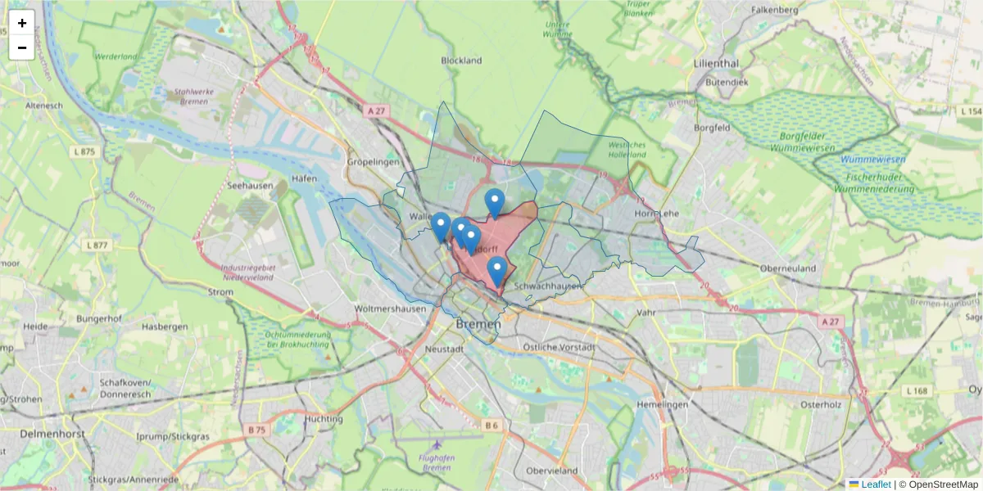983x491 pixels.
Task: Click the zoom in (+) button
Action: (x=22, y=23)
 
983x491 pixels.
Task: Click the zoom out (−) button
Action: (x=22, y=47)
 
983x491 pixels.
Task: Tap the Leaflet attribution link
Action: (x=875, y=484)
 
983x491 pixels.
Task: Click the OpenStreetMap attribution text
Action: (x=938, y=484)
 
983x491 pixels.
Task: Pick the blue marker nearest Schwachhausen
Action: (x=496, y=271)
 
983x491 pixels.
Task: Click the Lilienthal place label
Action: (x=716, y=63)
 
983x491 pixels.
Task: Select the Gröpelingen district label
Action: (x=374, y=162)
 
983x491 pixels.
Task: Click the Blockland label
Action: (x=461, y=61)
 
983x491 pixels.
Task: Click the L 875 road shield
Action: (x=84, y=151)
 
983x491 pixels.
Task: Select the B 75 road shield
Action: (x=257, y=430)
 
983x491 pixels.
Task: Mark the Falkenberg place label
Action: (x=774, y=10)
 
